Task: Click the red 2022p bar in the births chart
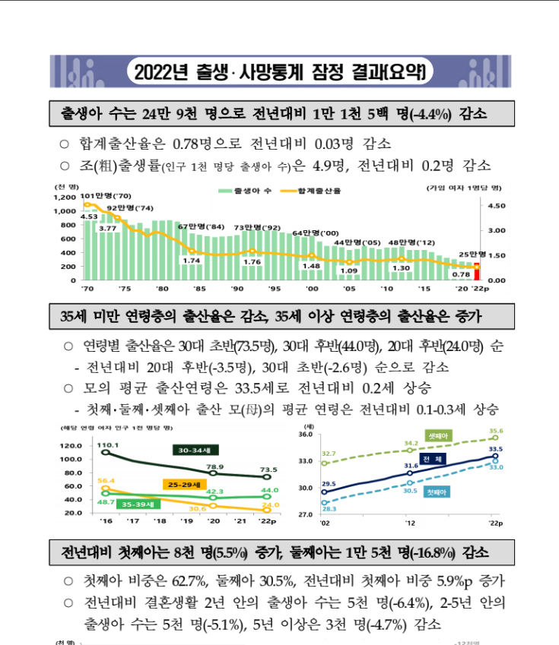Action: click(x=477, y=271)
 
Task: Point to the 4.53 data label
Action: click(x=88, y=217)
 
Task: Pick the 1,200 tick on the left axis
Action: click(x=65, y=198)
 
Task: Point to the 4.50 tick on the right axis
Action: click(x=497, y=205)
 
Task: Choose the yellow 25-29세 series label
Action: click(x=183, y=483)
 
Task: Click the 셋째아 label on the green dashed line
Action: click(x=440, y=436)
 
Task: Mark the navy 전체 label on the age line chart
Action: click(x=434, y=460)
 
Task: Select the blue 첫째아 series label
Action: click(x=437, y=492)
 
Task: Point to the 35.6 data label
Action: click(x=495, y=431)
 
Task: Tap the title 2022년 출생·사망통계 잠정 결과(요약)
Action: click(x=279, y=72)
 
